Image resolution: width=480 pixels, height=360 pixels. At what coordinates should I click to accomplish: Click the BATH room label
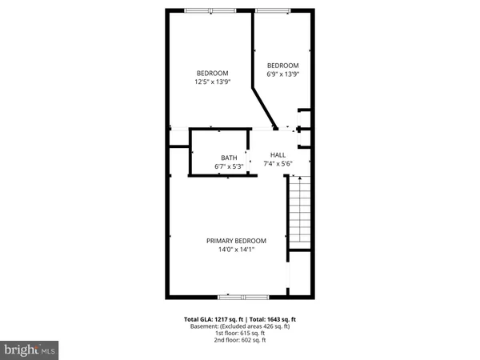[229, 158]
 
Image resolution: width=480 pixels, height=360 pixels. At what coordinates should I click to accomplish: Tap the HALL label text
[278, 154]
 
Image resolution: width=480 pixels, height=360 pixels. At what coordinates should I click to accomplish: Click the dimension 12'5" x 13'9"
[212, 82]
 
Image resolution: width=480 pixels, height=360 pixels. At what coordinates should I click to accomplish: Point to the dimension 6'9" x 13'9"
[282, 74]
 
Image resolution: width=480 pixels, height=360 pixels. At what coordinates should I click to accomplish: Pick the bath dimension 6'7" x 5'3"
[229, 166]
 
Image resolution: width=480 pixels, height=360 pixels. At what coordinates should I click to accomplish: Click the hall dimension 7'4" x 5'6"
[278, 163]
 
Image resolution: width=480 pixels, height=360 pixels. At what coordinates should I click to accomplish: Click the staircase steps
[298, 212]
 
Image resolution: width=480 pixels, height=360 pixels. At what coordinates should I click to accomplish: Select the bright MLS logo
[30, 350]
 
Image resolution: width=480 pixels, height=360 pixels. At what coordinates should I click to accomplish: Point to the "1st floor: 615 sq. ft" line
[240, 334]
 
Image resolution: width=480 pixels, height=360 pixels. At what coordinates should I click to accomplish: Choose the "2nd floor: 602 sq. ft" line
[240, 341]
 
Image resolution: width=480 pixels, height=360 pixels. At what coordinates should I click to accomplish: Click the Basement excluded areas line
[240, 326]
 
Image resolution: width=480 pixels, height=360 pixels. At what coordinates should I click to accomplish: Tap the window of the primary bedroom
[236, 296]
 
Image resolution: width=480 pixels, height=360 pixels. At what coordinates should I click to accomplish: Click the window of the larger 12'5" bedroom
[210, 10]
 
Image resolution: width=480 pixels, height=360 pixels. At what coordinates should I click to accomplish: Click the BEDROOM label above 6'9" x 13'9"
[282, 66]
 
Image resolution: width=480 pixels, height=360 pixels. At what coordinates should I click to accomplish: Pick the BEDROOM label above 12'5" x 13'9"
[212, 73]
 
